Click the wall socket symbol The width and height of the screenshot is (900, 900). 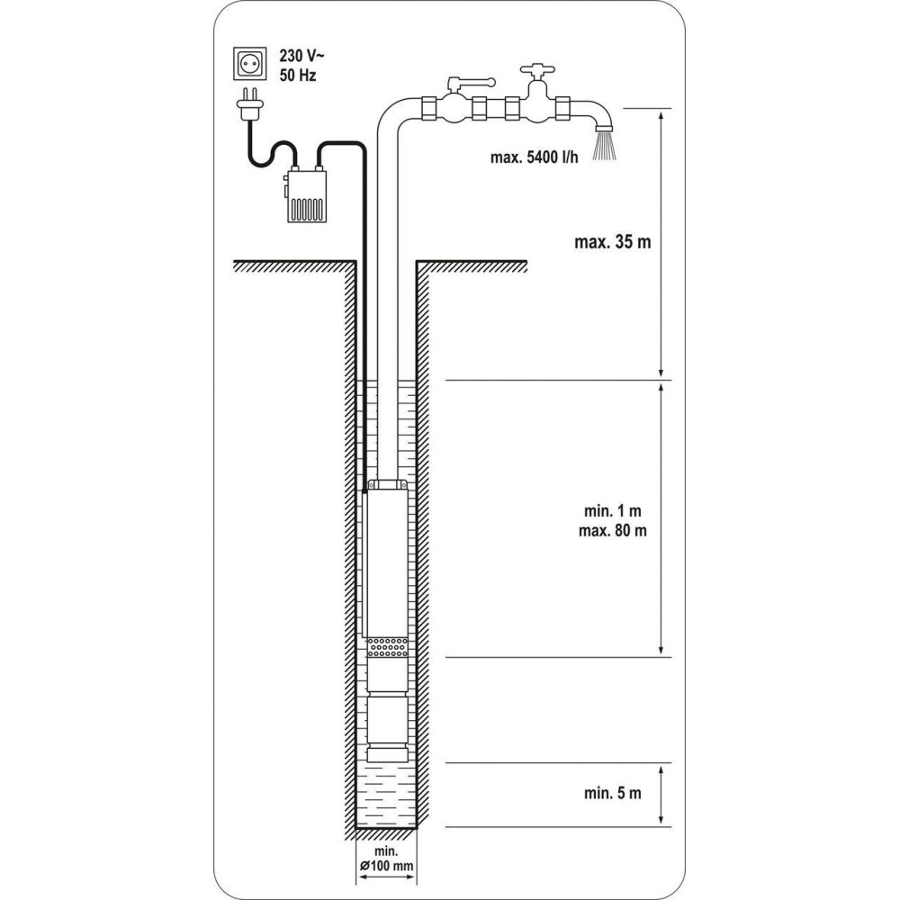pos(249,64)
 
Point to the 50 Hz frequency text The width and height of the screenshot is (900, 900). pos(298,76)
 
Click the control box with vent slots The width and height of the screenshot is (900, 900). pos(306,194)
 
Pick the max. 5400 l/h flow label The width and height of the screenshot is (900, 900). pos(535,157)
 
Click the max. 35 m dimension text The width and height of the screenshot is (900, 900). pos(612,241)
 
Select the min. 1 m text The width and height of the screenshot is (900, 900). pos(612,510)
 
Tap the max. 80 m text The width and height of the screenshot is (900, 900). pos(612,530)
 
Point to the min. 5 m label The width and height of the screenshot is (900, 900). pos(612,793)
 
